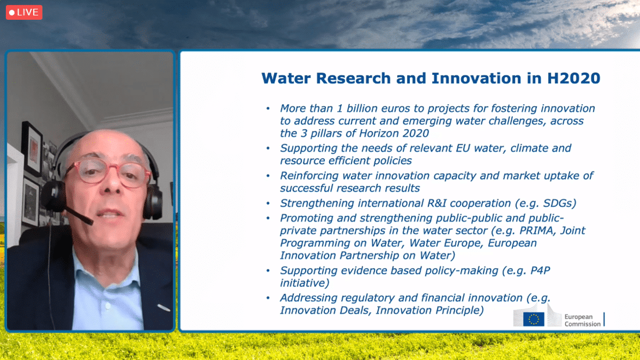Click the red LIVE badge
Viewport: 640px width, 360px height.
24,12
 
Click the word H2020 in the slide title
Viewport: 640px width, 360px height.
573,78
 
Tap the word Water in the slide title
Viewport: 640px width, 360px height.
286,78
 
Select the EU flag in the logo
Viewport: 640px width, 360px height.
534,319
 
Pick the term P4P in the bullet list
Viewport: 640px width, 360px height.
540,270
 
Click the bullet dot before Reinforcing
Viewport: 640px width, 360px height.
268,176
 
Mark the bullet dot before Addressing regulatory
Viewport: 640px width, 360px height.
268,298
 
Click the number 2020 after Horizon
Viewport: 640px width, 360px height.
415,134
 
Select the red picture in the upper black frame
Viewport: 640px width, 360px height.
33,149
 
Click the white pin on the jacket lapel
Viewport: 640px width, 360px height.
163,308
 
